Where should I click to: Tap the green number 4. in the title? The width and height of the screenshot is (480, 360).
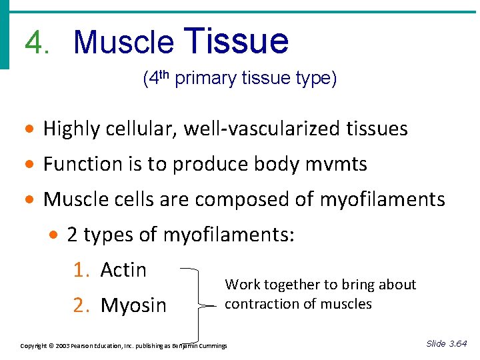tap(38, 43)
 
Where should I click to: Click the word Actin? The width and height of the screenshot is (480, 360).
tap(123, 269)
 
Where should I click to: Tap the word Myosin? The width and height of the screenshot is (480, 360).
tap(133, 305)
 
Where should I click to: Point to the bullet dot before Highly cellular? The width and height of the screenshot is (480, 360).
tap(32, 129)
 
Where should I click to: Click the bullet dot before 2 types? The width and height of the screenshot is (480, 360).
tap(56, 235)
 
